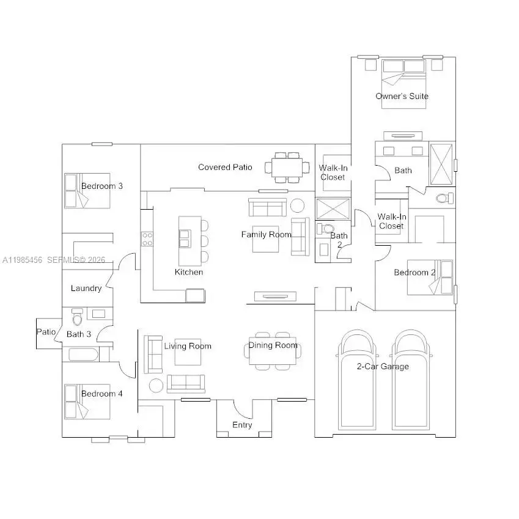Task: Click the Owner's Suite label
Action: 402,96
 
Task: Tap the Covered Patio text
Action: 225,167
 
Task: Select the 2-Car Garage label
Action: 383,366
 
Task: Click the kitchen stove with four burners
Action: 147,239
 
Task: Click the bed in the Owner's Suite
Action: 403,84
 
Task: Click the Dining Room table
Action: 273,352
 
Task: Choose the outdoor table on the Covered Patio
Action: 287,167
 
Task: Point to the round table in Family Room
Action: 297,205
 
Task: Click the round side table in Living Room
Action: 156,385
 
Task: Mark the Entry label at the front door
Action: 242,425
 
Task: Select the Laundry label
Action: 86,288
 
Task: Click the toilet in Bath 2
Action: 321,229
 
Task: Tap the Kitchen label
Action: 188,272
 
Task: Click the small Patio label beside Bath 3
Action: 46,332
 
